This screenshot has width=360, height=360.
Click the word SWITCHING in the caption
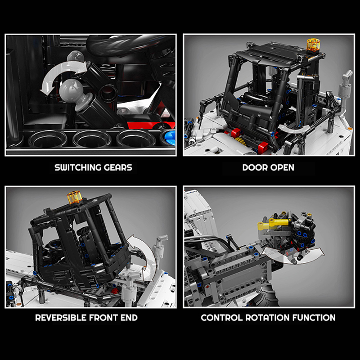(x=78, y=167)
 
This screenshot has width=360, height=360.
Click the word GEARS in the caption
(x=118, y=167)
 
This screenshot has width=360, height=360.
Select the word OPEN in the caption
(x=282, y=167)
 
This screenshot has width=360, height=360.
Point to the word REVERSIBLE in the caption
(x=61, y=318)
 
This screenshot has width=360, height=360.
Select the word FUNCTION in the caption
(x=314, y=318)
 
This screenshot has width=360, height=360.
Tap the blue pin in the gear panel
(x=171, y=137)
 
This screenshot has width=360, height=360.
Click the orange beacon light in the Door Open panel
(x=313, y=45)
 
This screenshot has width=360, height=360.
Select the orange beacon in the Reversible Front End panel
(x=74, y=197)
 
